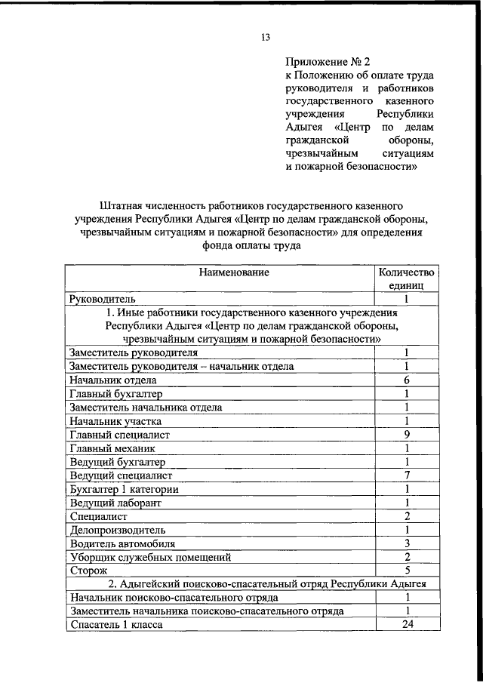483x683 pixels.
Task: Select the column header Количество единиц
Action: click(406, 279)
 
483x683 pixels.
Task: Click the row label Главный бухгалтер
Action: click(115, 394)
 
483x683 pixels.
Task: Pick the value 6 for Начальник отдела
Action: click(406, 380)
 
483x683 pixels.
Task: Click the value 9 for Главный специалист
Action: click(406, 435)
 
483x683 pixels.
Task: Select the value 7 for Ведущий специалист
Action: click(406, 475)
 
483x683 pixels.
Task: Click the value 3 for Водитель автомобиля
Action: click(406, 543)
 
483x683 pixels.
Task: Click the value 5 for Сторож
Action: click(406, 571)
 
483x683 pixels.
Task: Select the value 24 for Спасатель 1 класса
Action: click(406, 624)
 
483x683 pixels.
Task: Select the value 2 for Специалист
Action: click(406, 516)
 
